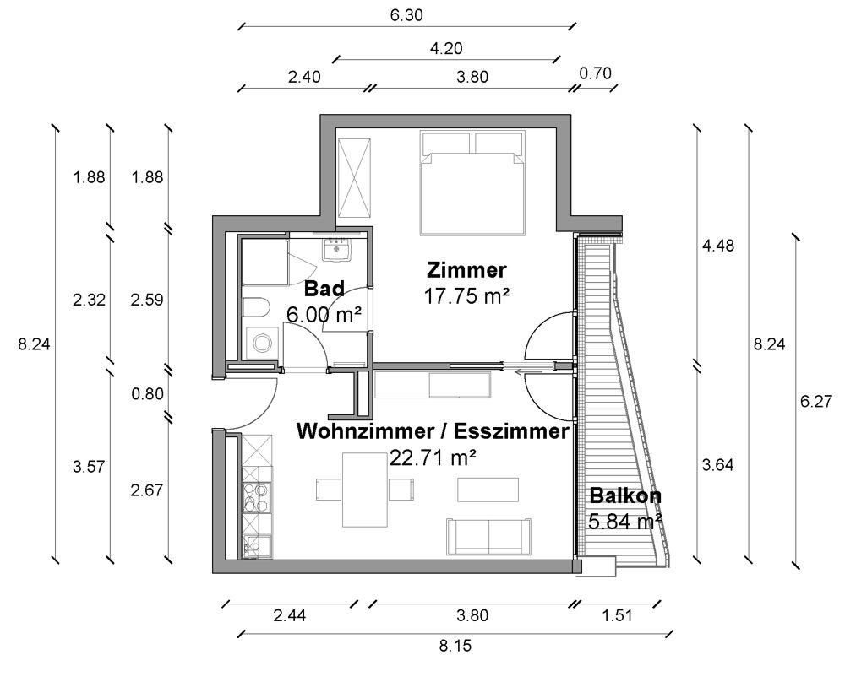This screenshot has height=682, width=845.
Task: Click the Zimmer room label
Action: point(466,270)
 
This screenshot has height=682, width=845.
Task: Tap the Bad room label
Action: point(324,289)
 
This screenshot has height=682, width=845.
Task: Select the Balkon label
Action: point(625,495)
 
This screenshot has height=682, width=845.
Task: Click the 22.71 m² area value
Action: point(433,458)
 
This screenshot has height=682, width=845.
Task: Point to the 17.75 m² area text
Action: point(466,296)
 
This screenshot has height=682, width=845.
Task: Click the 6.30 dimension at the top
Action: point(407,15)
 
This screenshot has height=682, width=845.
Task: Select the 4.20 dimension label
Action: point(446,48)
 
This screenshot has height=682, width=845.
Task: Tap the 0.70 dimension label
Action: point(596,73)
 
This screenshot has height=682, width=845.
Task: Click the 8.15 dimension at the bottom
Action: point(455,645)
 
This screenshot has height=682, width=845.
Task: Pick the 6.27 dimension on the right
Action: point(816,402)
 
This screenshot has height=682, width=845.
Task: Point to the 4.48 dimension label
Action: point(717,246)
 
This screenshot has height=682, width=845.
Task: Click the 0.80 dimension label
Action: point(147,394)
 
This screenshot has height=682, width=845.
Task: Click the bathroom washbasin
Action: point(337,249)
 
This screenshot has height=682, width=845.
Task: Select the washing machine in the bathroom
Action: point(263,343)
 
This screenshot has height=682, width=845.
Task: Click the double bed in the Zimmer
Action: point(473,183)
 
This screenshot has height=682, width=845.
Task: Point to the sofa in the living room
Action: point(488,536)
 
